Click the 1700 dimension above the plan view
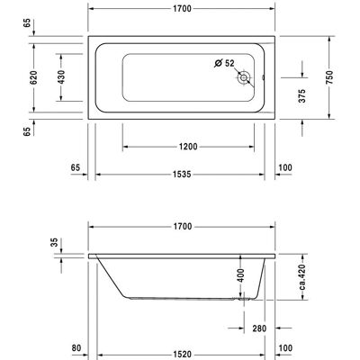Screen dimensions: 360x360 (182, 9)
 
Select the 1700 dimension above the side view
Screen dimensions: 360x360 (183, 227)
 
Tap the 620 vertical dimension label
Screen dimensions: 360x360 (34, 77)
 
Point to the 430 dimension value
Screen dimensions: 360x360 (61, 77)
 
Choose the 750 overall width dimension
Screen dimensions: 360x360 (329, 77)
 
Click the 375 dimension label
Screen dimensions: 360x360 (302, 95)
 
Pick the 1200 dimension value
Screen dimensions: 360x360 (188, 147)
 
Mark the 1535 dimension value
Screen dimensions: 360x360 (182, 175)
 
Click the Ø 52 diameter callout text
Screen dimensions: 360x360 (224, 63)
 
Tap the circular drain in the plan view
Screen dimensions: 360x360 (243, 78)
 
